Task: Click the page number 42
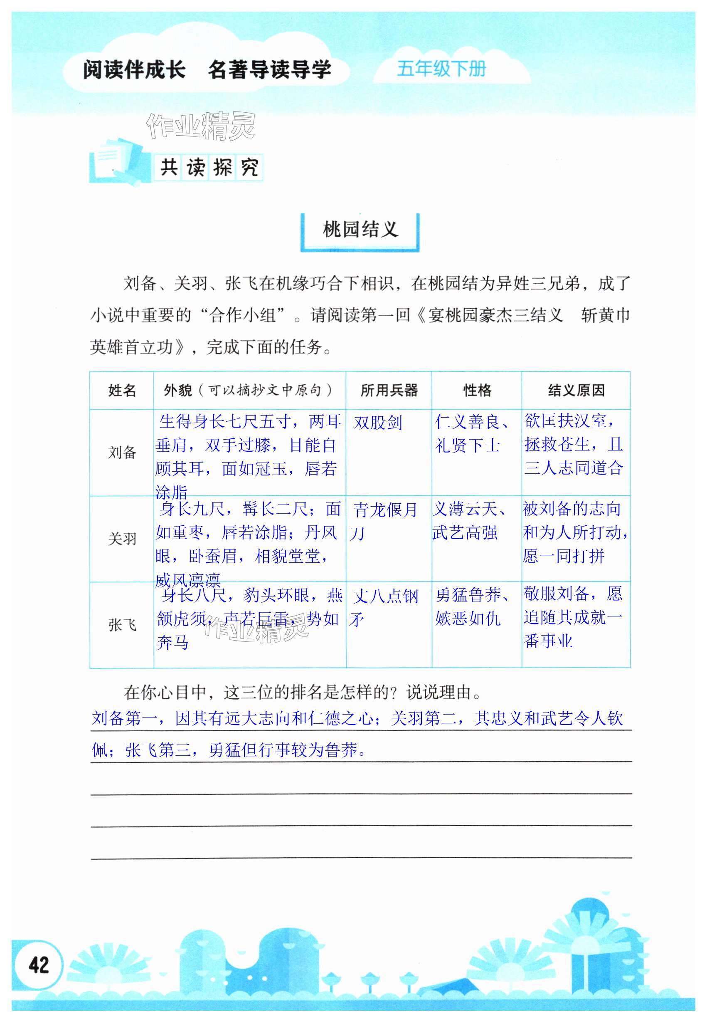[38, 964]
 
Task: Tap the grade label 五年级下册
[441, 69]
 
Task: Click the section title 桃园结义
[360, 230]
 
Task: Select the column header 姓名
[122, 391]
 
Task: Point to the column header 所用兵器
[389, 391]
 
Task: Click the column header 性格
[477, 391]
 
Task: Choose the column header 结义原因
[576, 391]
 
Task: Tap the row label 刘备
[122, 453]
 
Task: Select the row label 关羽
[122, 539]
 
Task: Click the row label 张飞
[122, 625]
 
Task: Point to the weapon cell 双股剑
[378, 423]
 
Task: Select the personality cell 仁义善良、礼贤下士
[472, 433]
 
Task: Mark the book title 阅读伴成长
[134, 70]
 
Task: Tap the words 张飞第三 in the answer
[150, 750]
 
